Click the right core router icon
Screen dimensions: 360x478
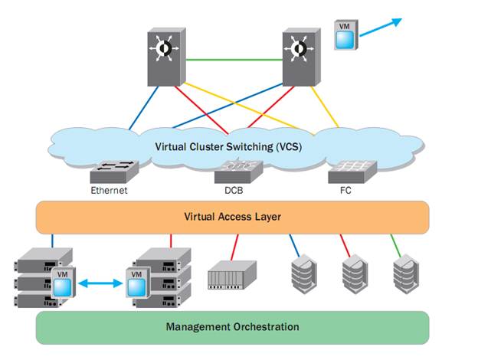tap(303, 57)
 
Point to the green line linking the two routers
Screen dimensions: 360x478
tap(234, 60)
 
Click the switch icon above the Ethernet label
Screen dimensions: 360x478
tap(113, 171)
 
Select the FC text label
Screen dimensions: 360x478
tap(345, 190)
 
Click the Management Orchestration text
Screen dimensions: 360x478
tap(232, 327)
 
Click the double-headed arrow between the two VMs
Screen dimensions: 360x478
tap(100, 283)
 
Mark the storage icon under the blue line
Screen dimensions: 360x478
tap(303, 270)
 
